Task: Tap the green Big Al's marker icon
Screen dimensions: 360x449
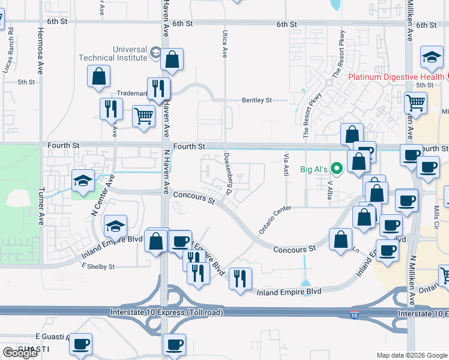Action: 336,169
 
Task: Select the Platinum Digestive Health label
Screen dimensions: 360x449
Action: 396,77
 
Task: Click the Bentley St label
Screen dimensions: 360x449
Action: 257,100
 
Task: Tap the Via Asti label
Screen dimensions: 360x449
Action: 286,163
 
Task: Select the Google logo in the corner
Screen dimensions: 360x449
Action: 20,352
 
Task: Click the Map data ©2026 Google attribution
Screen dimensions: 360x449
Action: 412,355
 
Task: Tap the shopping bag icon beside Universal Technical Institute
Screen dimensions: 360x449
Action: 172,59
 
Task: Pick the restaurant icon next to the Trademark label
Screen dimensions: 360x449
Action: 158,88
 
